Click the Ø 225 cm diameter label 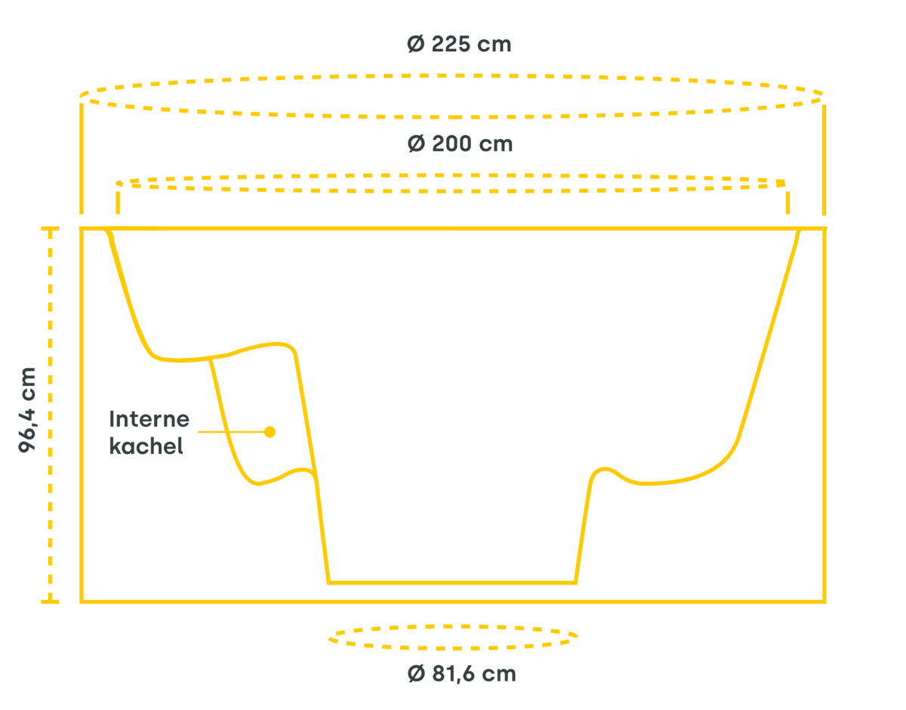tap(458, 45)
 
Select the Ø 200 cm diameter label tap(460, 144)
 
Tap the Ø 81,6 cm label tap(461, 673)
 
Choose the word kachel tap(146, 446)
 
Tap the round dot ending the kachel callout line tap(270, 432)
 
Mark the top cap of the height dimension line tap(50, 227)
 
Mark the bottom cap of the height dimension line tap(50, 601)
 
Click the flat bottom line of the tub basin tap(453, 582)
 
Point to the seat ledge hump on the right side tap(604, 469)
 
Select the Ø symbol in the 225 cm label tap(414, 45)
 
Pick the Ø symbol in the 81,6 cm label tap(415, 673)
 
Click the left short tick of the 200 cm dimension tap(118, 201)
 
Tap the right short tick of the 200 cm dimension tap(787, 201)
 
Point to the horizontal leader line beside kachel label tap(226, 433)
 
